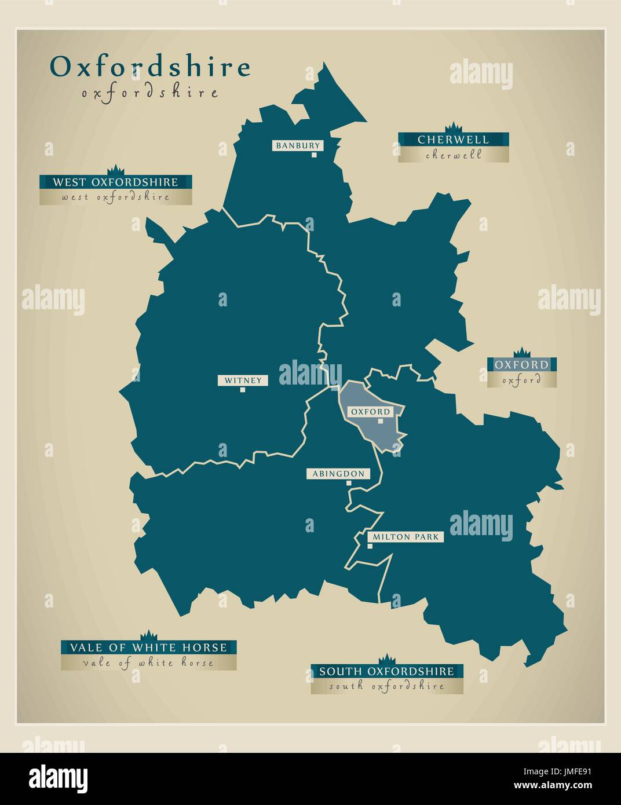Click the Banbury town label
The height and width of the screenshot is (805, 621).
[x=298, y=146]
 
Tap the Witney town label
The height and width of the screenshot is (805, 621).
[x=243, y=380]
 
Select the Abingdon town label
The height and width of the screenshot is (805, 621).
[x=338, y=474]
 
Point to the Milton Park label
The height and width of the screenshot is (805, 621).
[x=406, y=537]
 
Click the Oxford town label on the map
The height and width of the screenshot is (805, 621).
[x=370, y=411]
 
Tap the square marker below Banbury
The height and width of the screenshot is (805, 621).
[x=314, y=155]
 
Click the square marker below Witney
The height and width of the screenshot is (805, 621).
[x=243, y=390]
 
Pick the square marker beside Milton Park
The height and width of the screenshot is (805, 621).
[x=370, y=546]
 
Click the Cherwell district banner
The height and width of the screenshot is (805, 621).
[x=453, y=140]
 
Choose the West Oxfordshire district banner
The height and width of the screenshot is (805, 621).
[x=116, y=182]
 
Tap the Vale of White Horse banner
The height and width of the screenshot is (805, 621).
[x=148, y=647]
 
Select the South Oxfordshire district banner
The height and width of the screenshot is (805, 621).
[x=386, y=671]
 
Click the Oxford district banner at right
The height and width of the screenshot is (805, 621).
[x=521, y=365]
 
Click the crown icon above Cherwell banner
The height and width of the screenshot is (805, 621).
[x=452, y=127]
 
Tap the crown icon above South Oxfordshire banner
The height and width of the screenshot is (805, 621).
[x=386, y=659]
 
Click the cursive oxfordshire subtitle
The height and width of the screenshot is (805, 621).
[x=150, y=93]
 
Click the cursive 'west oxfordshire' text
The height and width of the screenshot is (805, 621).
[x=116, y=197]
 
